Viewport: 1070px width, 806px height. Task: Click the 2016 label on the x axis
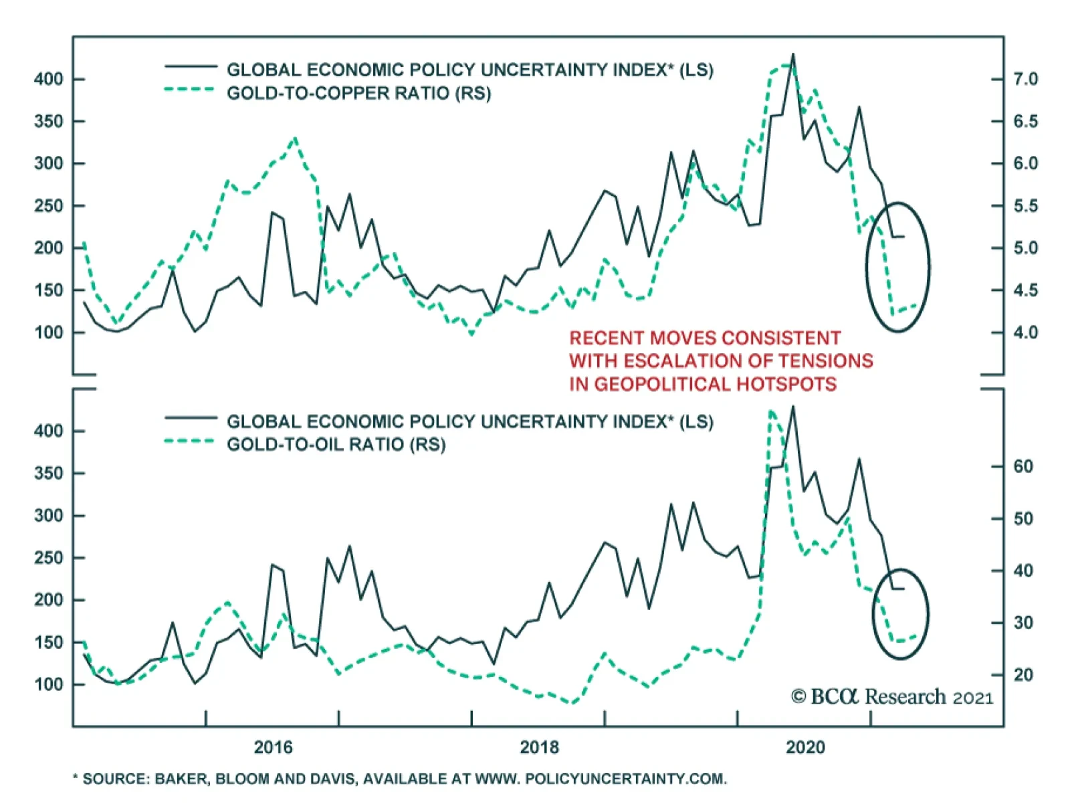pos(273,747)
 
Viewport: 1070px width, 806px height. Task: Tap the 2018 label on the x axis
pos(539,747)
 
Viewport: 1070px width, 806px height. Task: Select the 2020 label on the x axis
pos(805,747)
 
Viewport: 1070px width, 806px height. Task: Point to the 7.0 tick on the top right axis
pos(1025,79)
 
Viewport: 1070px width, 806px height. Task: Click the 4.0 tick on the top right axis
pos(1025,332)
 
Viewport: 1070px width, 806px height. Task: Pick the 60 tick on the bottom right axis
pos(1023,466)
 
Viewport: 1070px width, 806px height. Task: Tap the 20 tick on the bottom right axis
pos(1023,675)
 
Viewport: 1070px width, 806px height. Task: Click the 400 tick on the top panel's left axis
pos(48,79)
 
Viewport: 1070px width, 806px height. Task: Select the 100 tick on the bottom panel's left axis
pos(48,684)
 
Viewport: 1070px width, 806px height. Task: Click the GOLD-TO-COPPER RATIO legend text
pos(358,93)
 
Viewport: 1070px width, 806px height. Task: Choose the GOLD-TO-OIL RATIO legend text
pos(336,445)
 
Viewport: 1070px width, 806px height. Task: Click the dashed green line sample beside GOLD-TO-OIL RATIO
pos(190,441)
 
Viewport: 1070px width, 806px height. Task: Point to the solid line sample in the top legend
pos(190,66)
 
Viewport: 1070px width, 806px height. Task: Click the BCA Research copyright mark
pos(891,697)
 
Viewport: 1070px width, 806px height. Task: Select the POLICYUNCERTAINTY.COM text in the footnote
pos(625,779)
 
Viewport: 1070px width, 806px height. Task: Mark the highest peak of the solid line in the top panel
pos(793,54)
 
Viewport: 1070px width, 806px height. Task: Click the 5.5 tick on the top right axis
pos(1025,206)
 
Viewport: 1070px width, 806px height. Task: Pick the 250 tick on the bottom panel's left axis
pos(48,558)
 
